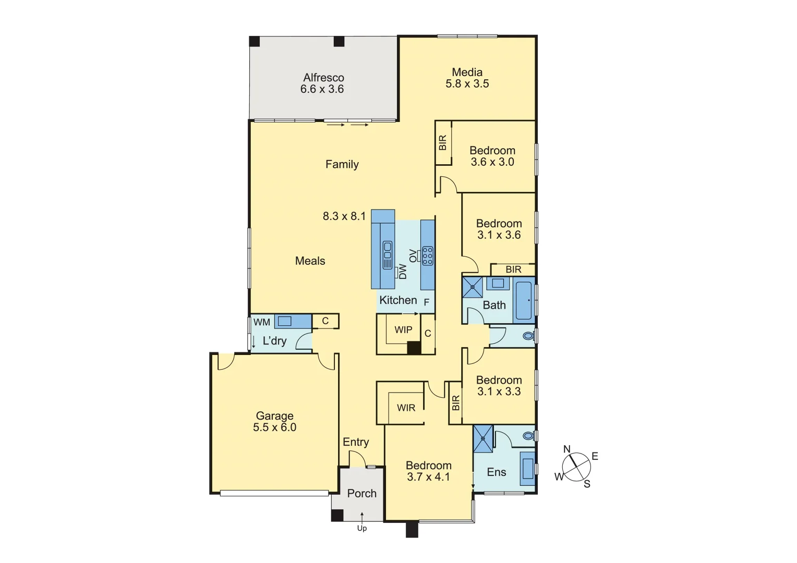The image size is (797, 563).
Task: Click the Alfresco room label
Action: tap(323, 78)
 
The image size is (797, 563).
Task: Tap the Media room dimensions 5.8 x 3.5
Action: tap(467, 84)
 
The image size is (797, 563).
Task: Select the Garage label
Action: tap(274, 416)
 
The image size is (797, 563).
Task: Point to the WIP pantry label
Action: tap(403, 330)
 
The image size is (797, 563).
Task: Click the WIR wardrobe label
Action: tap(406, 408)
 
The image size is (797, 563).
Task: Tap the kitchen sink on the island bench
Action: tap(388, 255)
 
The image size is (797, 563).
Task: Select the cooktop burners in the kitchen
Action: tap(428, 255)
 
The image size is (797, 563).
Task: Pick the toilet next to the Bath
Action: tap(528, 336)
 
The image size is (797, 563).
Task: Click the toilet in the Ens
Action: tap(528, 435)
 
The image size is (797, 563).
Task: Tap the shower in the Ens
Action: tap(483, 438)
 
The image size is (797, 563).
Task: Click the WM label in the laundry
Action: tap(261, 322)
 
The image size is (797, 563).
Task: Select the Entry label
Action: tap(356, 442)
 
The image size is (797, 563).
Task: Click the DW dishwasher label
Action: tap(402, 272)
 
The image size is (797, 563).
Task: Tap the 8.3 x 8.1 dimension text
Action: tap(344, 216)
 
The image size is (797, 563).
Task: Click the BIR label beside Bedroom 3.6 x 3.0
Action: tap(443, 143)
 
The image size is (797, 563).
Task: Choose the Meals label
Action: tap(310, 261)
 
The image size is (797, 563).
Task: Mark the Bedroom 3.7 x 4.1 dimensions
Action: tap(428, 477)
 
